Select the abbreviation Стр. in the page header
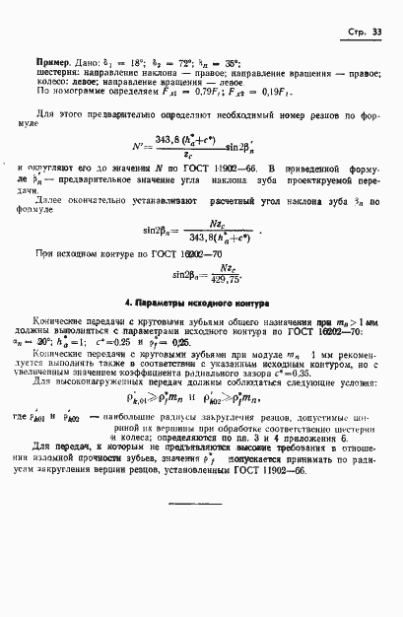point(359,33)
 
